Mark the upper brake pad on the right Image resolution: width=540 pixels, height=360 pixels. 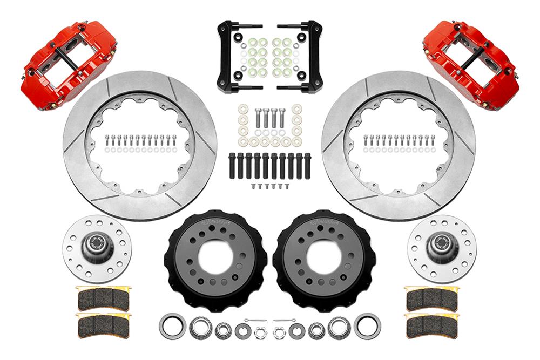tap(431, 297)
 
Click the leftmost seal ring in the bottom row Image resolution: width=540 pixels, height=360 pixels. tap(172, 326)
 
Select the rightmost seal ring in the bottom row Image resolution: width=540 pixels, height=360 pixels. tap(367, 326)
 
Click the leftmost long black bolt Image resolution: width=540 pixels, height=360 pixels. tap(232, 166)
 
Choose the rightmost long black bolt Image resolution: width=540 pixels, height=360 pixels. tap(307, 166)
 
